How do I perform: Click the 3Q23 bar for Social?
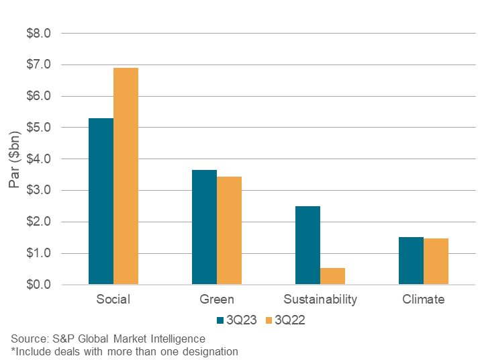(101, 201)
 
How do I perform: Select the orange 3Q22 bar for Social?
(126, 176)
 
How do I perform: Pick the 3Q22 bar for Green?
(229, 230)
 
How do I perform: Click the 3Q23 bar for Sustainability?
(307, 245)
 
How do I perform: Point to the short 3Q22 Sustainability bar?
(332, 276)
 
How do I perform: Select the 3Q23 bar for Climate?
(411, 261)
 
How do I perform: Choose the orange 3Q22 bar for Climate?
(436, 261)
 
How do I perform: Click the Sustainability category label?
(320, 300)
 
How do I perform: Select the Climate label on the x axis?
(423, 300)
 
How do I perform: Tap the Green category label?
(217, 300)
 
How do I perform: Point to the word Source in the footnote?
(28, 339)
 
